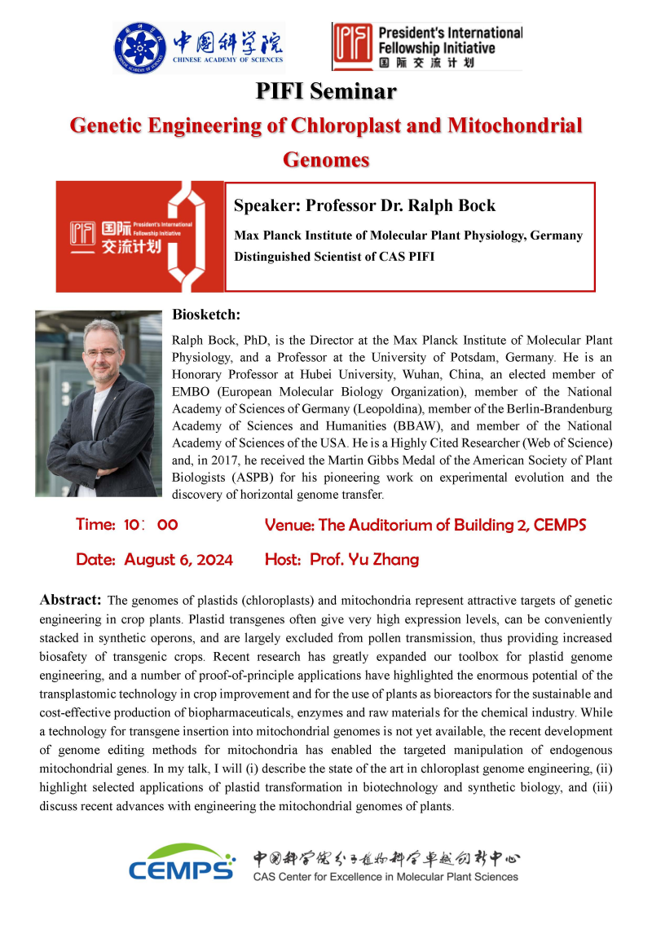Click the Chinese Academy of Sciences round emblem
click(139, 46)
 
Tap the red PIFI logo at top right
click(350, 46)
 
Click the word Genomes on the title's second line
click(326, 159)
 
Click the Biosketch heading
click(206, 315)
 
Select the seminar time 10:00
click(151, 525)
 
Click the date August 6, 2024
click(178, 560)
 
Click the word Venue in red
click(289, 525)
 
